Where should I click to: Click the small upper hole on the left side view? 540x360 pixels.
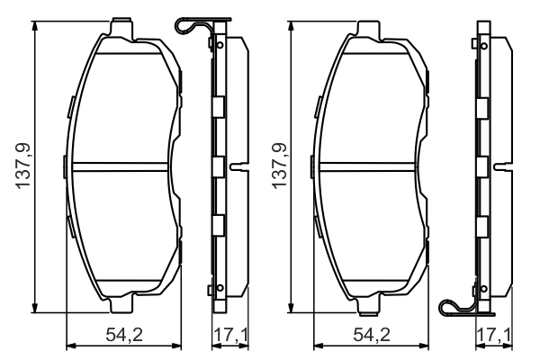click(x=214, y=43)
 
